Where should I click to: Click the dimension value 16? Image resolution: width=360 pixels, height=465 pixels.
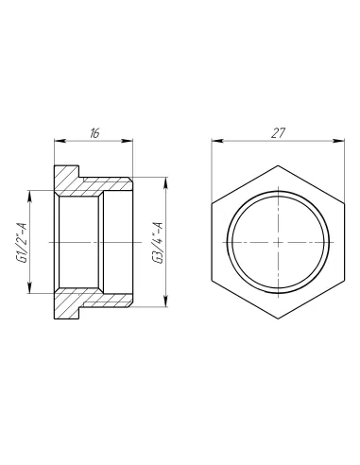(x=94, y=133)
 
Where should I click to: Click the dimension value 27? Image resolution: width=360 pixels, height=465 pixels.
(x=278, y=133)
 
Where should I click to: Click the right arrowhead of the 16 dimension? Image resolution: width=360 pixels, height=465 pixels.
(x=131, y=143)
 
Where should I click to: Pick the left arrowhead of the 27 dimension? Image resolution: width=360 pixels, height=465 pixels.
(x=214, y=144)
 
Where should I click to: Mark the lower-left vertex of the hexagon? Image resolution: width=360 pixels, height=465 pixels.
(x=214, y=279)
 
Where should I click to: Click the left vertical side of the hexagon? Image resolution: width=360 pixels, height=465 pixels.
(x=214, y=243)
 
